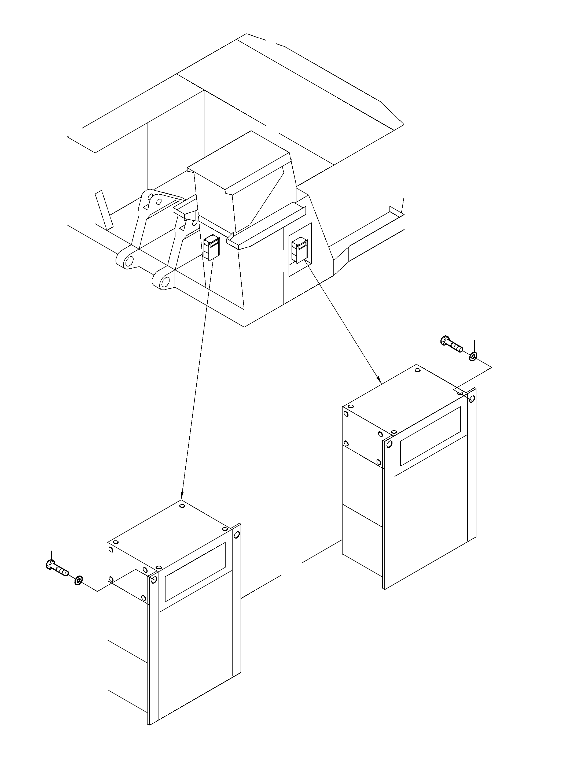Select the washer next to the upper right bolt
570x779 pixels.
[473, 355]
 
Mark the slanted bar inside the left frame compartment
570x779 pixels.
[104, 210]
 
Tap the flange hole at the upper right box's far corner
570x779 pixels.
[472, 399]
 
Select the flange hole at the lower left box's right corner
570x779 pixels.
[237, 535]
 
